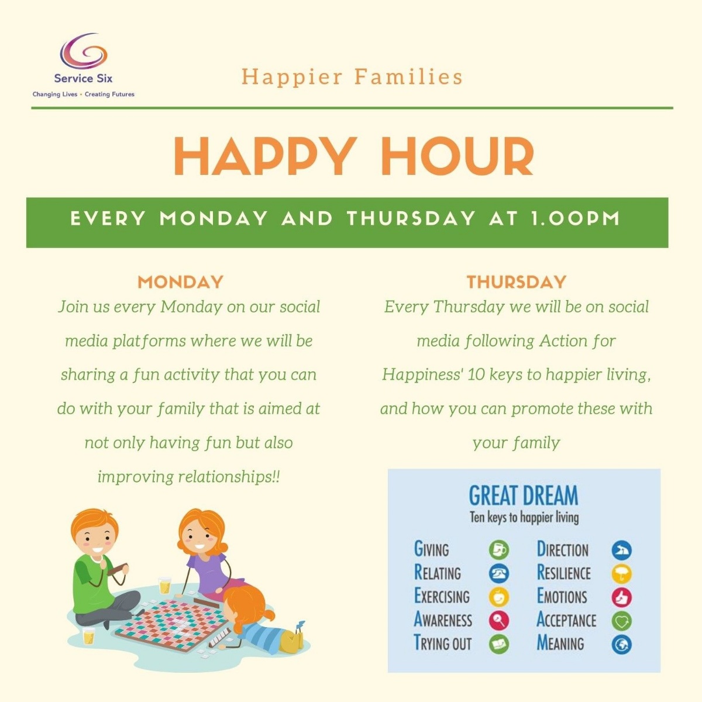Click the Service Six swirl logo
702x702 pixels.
point(84,51)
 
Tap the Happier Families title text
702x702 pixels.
point(352,77)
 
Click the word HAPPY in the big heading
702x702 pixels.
point(264,156)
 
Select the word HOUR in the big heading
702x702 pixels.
point(457,156)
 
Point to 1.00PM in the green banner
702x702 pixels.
point(575,219)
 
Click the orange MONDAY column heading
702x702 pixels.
point(180,282)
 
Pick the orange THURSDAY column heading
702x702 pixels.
point(517,282)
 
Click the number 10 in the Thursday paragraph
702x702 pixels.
point(476,374)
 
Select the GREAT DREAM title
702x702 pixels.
point(523,495)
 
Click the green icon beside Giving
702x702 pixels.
point(499,550)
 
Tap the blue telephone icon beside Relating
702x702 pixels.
point(499,573)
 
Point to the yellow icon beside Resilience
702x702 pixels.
point(621,574)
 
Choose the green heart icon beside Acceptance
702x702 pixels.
point(621,621)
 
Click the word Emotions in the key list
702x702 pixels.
point(562,597)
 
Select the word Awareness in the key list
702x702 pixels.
point(443,620)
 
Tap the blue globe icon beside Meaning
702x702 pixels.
point(621,644)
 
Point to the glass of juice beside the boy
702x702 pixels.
point(88,635)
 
